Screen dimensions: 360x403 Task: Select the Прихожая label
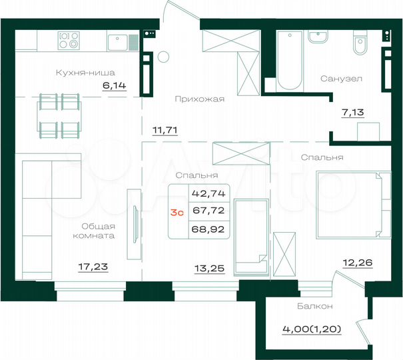tap(199, 99)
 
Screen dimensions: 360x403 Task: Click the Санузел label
tap(340, 78)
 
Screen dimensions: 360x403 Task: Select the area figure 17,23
tap(93, 267)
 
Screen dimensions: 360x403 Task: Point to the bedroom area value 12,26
tap(357, 263)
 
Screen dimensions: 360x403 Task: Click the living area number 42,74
tap(207, 194)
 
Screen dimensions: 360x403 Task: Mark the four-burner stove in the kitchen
tap(69, 41)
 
